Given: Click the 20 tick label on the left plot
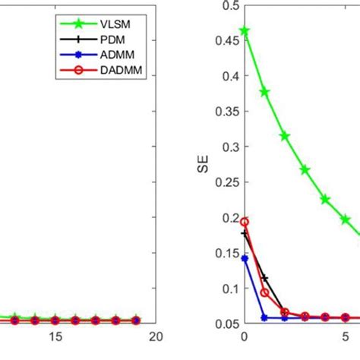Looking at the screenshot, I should pyautogui.click(x=156, y=336).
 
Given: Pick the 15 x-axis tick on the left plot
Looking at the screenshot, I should pyautogui.click(x=55, y=336).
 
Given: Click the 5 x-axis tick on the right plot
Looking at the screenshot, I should pyautogui.click(x=346, y=336).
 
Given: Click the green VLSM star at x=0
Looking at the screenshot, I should pyautogui.click(x=244, y=32).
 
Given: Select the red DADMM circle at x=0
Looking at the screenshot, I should pyautogui.click(x=244, y=222).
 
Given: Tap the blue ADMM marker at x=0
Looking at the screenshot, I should pyautogui.click(x=244, y=258).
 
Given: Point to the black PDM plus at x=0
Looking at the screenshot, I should pyautogui.click(x=244, y=233).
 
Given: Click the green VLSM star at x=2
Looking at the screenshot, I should pyautogui.click(x=285, y=136).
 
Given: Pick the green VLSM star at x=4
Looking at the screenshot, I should pyautogui.click(x=325, y=199).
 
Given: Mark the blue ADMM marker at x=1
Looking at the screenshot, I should pyautogui.click(x=264, y=317).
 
